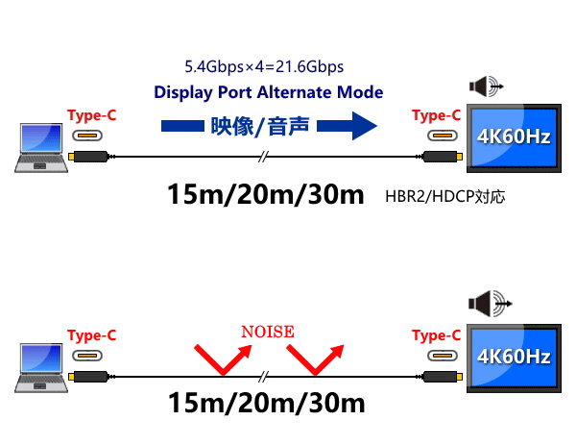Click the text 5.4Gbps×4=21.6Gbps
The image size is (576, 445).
point(264,67)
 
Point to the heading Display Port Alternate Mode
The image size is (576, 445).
point(269,93)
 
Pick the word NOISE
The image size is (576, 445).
point(267,332)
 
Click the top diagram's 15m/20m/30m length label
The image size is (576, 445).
point(266,194)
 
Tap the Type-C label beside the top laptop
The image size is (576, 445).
point(92,116)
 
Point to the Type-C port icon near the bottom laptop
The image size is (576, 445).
point(92,355)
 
